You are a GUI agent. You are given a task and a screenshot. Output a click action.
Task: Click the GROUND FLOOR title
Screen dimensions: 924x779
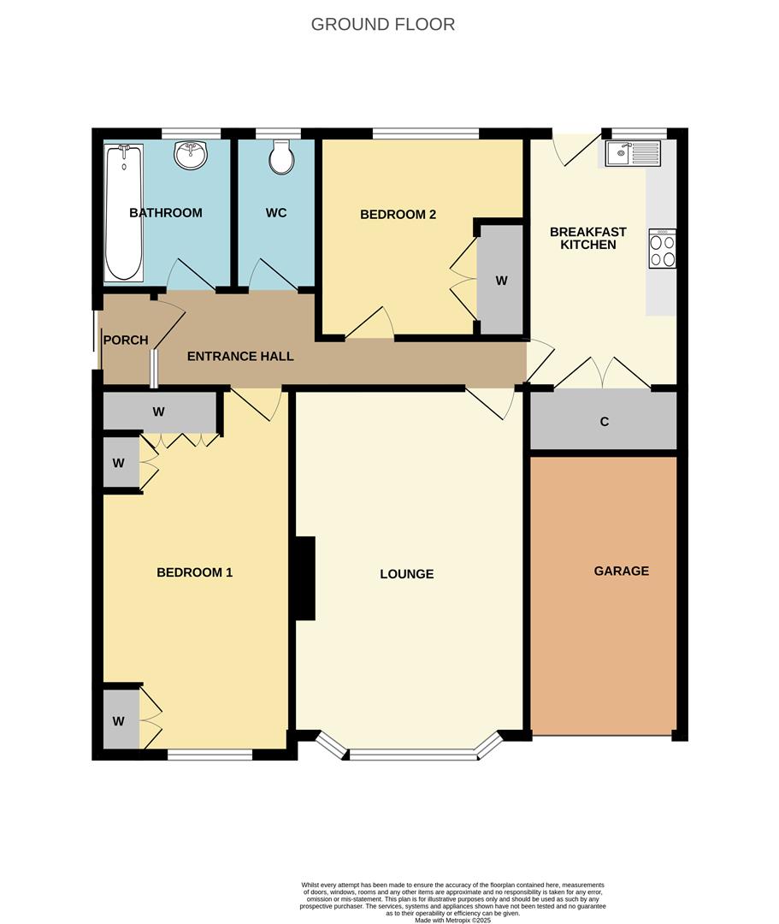(x=382, y=24)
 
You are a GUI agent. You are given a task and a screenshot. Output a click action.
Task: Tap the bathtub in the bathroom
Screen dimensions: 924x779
(x=123, y=212)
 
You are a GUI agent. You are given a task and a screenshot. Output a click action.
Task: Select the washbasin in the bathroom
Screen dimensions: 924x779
(x=190, y=156)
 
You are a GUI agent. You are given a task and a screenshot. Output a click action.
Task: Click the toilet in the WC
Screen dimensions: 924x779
(x=280, y=157)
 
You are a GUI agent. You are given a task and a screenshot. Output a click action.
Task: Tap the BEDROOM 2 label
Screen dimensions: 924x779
(x=398, y=214)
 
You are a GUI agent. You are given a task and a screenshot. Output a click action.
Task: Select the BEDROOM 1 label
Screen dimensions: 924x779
(x=194, y=572)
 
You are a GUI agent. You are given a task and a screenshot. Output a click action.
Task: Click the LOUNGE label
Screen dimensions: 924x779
(x=406, y=574)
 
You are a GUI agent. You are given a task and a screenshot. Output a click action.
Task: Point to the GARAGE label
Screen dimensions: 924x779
(x=621, y=571)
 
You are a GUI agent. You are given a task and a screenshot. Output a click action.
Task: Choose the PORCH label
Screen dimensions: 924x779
(x=126, y=340)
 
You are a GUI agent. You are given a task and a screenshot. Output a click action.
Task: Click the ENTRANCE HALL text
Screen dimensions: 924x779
(x=240, y=356)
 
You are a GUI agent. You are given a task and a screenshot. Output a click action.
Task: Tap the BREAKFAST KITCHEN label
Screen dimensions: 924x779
(x=587, y=238)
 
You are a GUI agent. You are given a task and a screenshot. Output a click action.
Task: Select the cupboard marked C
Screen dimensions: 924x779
(x=604, y=421)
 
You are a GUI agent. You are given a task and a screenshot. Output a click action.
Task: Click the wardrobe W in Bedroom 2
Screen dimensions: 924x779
(x=501, y=280)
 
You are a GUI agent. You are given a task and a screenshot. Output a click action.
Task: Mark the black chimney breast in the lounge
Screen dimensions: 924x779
(x=304, y=577)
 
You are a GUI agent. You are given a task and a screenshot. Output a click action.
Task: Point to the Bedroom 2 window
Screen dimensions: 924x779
(x=426, y=133)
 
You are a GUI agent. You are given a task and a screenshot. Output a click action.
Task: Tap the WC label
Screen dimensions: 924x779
(x=276, y=213)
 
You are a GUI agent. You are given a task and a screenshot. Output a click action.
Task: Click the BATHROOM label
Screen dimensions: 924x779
(x=166, y=213)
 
